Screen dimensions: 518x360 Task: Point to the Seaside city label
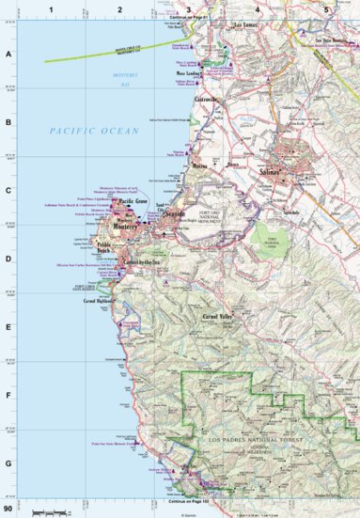pos(175,214)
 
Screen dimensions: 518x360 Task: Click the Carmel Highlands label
pos(99,301)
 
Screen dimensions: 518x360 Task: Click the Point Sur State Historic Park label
pos(111,442)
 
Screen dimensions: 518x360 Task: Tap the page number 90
pos(9,509)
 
